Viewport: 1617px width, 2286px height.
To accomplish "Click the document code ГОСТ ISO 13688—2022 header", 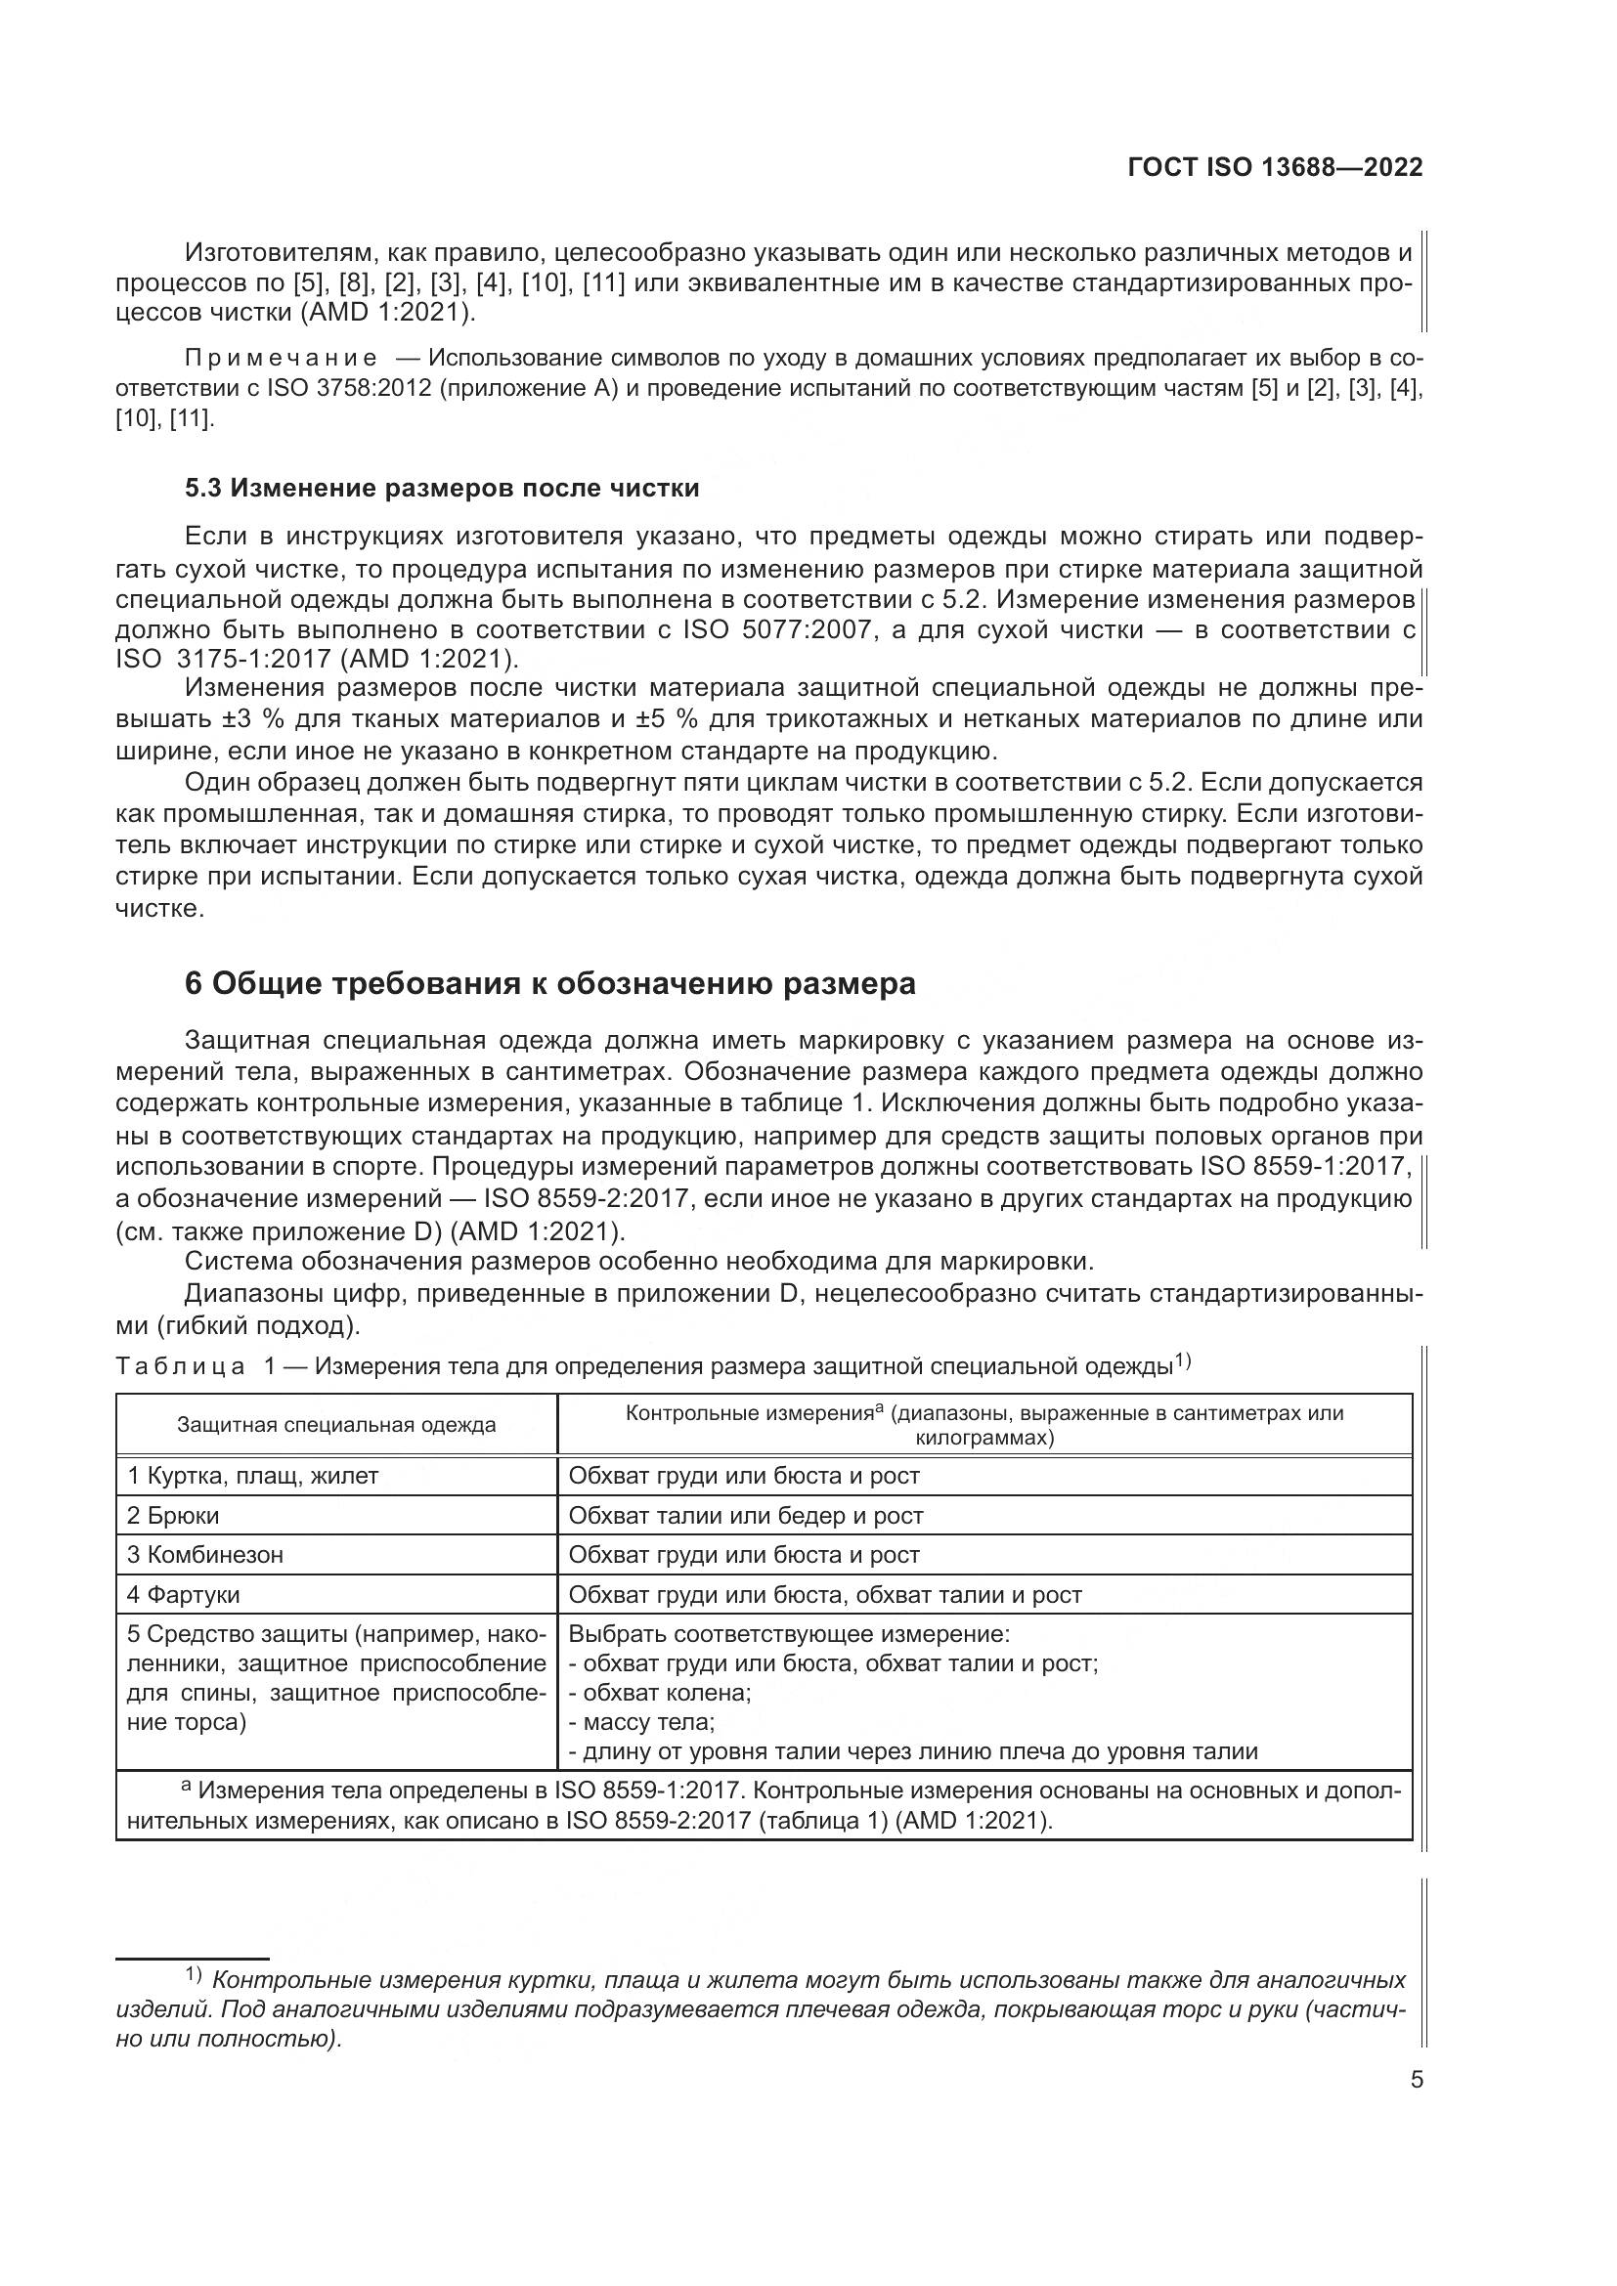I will click(1276, 167).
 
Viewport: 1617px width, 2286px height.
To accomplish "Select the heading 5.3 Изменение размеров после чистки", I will click(442, 488).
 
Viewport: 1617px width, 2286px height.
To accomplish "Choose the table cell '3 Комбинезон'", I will click(205, 1555).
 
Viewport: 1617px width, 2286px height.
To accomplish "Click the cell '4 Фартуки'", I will click(183, 1595).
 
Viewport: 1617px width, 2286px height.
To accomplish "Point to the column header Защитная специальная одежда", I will click(336, 1425).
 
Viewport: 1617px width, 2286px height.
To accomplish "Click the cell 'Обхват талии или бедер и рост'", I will click(746, 1516).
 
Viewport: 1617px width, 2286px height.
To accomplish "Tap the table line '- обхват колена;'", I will click(659, 1693).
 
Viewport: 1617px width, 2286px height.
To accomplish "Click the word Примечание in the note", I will click(282, 359).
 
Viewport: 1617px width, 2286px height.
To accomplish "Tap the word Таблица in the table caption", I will click(180, 1366).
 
